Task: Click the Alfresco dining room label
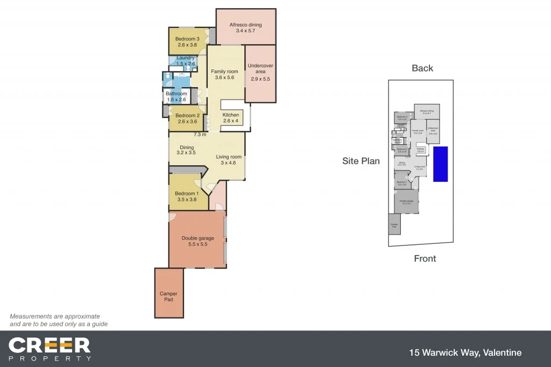tap(245, 24)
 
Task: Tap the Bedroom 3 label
tap(188, 39)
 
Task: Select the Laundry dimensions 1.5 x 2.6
tap(186, 64)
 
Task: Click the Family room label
tap(224, 72)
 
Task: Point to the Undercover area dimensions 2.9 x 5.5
tap(260, 79)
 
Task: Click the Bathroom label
tap(176, 94)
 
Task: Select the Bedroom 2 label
tap(187, 116)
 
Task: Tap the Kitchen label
tap(231, 115)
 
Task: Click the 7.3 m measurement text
tap(200, 135)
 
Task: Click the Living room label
tap(230, 157)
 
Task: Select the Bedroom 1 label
tap(187, 194)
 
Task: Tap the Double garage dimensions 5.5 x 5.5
tap(197, 244)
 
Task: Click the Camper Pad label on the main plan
tap(168, 297)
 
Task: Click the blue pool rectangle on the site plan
tap(441, 164)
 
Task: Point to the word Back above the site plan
tap(422, 68)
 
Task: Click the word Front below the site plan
tap(425, 259)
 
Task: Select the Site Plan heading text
tap(361, 161)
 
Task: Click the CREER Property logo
tap(50, 349)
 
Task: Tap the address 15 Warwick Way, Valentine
tap(465, 353)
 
